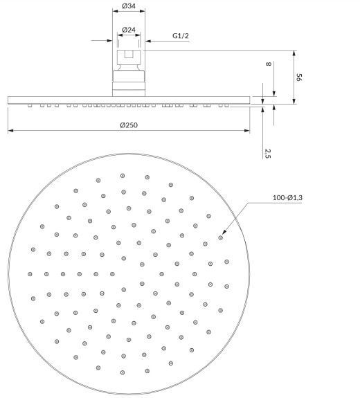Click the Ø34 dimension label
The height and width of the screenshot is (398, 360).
point(129,6)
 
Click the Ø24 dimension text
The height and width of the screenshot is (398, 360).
point(129,30)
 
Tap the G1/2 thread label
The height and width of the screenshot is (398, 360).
point(181,36)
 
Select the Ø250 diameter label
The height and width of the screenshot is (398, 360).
point(129,125)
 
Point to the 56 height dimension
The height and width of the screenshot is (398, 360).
point(299,77)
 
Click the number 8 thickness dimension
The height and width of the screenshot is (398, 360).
point(268,64)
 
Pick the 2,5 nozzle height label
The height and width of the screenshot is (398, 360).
point(268,154)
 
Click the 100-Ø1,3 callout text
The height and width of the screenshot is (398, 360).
point(287,198)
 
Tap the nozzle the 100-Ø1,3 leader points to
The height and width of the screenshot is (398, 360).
point(221,238)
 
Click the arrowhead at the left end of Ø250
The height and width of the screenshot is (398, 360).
point(10,131)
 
